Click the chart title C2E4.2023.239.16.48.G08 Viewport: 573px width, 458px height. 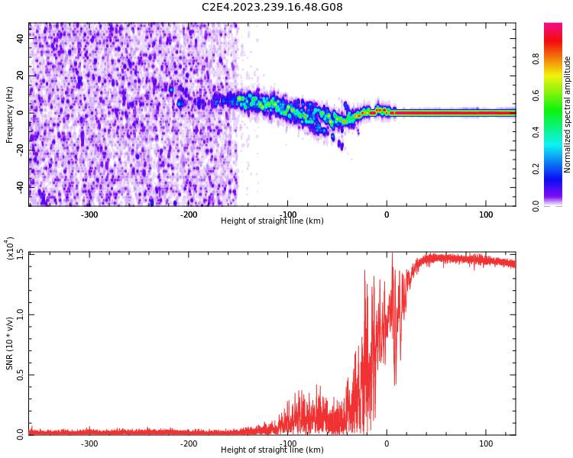pyautogui.click(x=272, y=8)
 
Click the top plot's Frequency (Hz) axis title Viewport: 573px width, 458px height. pyautogui.click(x=10, y=114)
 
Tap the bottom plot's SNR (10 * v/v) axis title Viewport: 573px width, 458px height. pyautogui.click(x=10, y=343)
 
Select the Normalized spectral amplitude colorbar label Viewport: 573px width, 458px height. pyautogui.click(x=568, y=114)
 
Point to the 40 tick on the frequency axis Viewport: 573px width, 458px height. pyautogui.click(x=21, y=39)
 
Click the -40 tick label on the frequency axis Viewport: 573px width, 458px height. pyautogui.click(x=21, y=186)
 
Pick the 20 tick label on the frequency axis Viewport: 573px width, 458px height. pyautogui.click(x=21, y=76)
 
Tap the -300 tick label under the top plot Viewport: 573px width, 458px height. pyautogui.click(x=89, y=214)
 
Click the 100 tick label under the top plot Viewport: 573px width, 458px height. pyautogui.click(x=486, y=214)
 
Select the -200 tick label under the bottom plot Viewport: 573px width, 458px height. pyautogui.click(x=189, y=443)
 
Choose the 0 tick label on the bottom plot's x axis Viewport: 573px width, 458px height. pyautogui.click(x=387, y=443)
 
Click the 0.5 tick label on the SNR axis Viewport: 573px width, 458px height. pyautogui.click(x=21, y=374)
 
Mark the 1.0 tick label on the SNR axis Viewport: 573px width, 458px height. pyautogui.click(x=21, y=314)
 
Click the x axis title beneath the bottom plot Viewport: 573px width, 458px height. pyautogui.click(x=272, y=450)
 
